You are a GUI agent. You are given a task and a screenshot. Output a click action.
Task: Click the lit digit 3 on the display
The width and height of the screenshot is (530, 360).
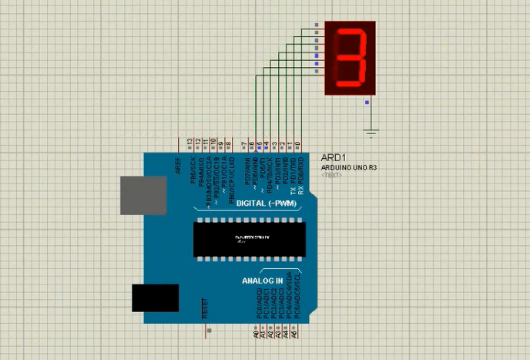pyautogui.click(x=351, y=58)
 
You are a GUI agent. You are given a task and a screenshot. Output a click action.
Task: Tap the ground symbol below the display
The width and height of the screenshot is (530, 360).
pyautogui.click(x=372, y=133)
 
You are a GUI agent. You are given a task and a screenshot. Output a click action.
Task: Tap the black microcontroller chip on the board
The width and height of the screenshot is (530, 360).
pyautogui.click(x=249, y=239)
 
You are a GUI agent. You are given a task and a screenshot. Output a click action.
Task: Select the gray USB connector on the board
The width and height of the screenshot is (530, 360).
pyautogui.click(x=143, y=193)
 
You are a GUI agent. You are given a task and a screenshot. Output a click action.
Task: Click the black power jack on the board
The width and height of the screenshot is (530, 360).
pyautogui.click(x=155, y=298)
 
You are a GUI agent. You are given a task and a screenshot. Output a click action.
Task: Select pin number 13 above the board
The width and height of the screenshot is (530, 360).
pyautogui.click(x=190, y=143)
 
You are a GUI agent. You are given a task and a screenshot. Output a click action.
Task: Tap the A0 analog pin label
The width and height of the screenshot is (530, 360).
pyautogui.click(x=256, y=335)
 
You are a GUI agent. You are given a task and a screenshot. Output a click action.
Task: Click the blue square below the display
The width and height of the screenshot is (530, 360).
pyautogui.click(x=367, y=102)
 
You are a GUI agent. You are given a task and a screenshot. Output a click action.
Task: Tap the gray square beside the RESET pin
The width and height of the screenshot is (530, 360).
pyautogui.click(x=210, y=331)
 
